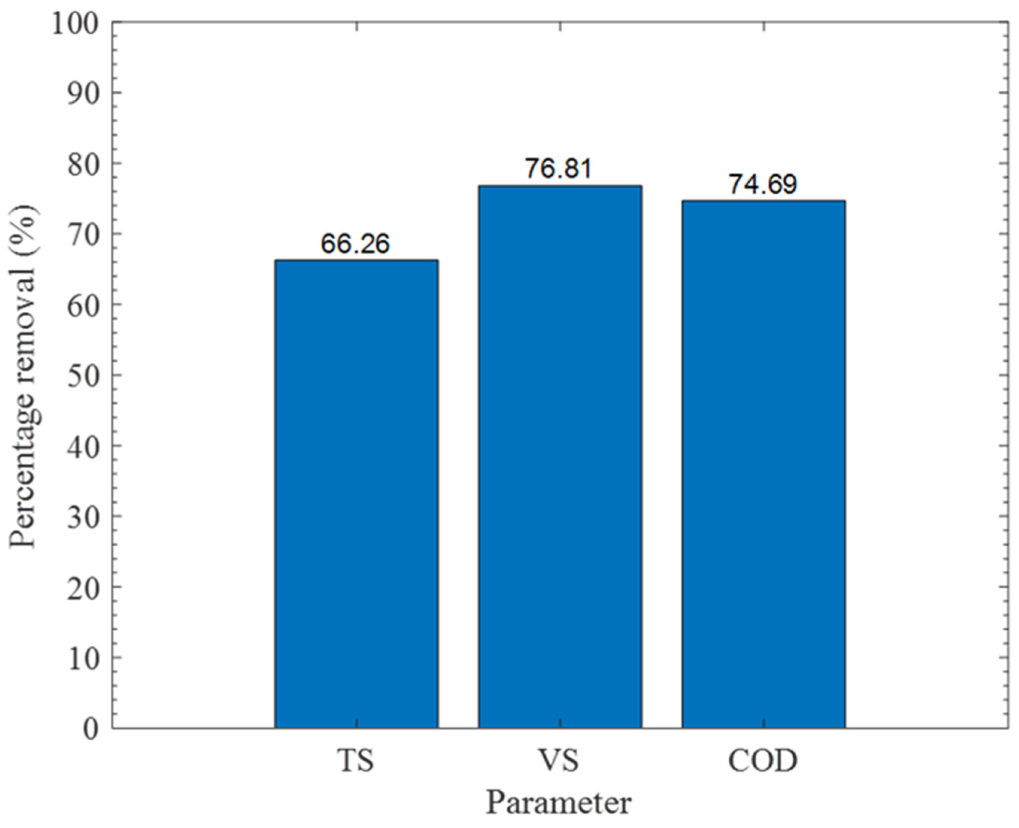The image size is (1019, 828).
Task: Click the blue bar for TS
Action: pyautogui.click(x=356, y=494)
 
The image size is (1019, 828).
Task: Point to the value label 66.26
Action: pyautogui.click(x=355, y=244)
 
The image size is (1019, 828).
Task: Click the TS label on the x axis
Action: pyautogui.click(x=356, y=761)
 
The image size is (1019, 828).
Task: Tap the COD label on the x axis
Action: pyautogui.click(x=763, y=761)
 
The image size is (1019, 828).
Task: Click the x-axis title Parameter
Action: pyautogui.click(x=559, y=803)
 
